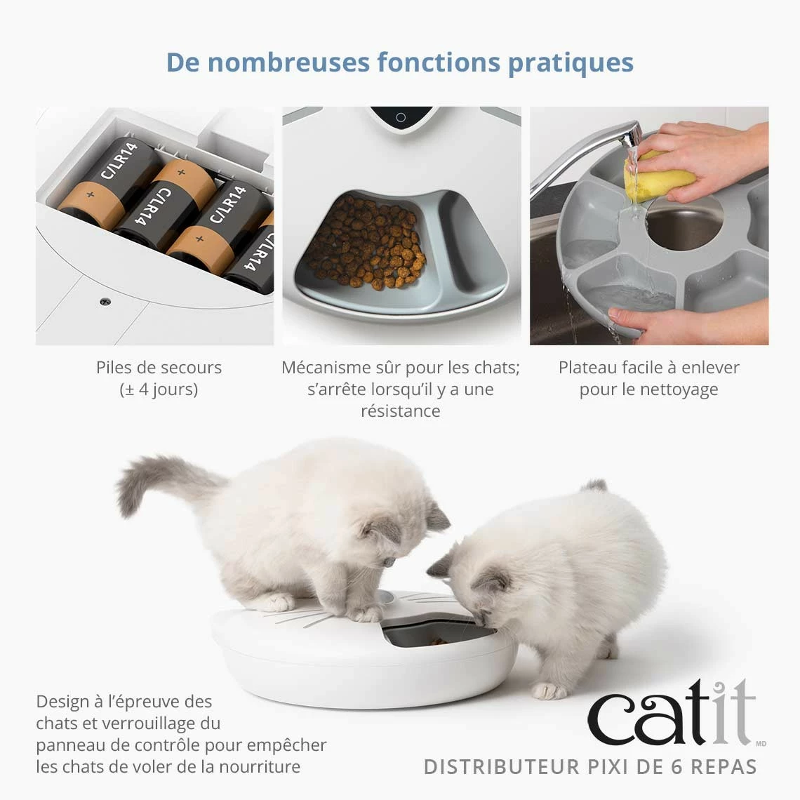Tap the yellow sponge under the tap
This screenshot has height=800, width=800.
pyautogui.click(x=656, y=175)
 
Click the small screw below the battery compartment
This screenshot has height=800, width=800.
pyautogui.click(x=105, y=301)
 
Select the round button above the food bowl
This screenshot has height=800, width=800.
pyautogui.click(x=401, y=118)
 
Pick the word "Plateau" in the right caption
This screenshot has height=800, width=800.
pyautogui.click(x=587, y=367)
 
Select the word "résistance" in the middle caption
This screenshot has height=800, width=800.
pyautogui.click(x=400, y=411)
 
